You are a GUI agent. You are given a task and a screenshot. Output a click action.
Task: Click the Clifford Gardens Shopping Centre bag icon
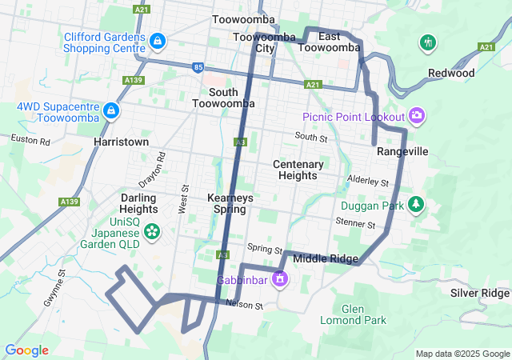(x=158, y=39)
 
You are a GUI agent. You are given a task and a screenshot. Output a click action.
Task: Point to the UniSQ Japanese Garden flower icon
(x=151, y=232)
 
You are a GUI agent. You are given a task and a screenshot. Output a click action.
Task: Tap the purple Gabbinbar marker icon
(x=279, y=280)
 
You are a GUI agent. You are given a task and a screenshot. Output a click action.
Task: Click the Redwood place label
(x=451, y=73)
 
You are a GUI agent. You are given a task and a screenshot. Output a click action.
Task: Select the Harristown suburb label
(x=121, y=141)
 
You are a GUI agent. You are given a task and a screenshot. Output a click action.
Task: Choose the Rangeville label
(x=402, y=151)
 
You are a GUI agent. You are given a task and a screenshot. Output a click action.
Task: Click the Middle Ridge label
(x=326, y=258)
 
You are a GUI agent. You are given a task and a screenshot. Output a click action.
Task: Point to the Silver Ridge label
(x=479, y=293)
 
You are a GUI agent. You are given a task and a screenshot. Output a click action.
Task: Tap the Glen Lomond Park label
(x=363, y=314)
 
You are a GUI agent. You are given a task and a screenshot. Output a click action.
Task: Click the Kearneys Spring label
(x=230, y=203)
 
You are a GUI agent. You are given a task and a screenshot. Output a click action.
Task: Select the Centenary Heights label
(x=298, y=170)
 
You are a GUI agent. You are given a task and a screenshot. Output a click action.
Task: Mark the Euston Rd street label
(x=30, y=140)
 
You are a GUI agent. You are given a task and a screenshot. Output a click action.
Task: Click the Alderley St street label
(x=367, y=181)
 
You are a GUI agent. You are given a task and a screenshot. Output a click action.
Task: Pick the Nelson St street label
(x=244, y=305)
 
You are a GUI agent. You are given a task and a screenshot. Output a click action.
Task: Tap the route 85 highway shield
(x=198, y=67)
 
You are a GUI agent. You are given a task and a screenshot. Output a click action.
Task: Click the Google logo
(x=26, y=350)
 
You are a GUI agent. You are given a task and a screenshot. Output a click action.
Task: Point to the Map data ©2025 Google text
(x=462, y=354)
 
